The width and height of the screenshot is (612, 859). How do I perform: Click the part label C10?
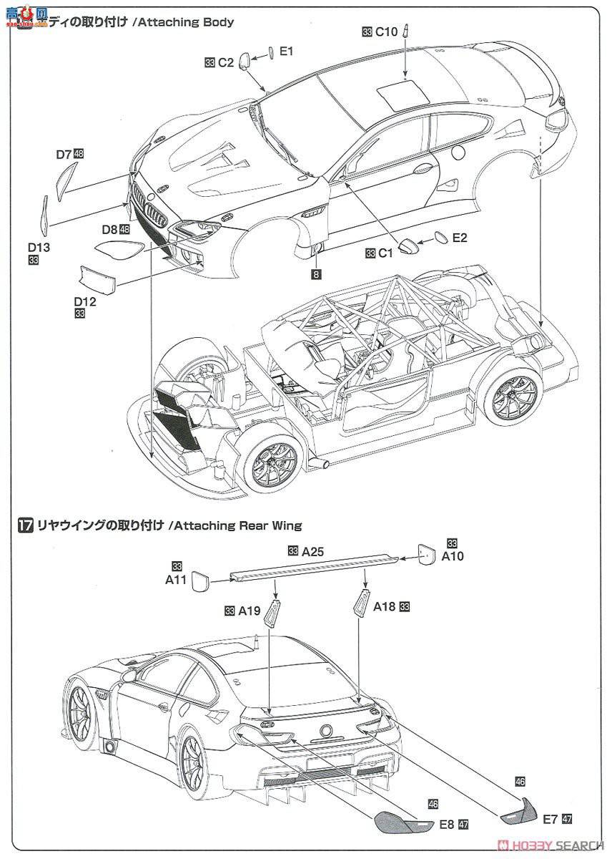tap(386, 32)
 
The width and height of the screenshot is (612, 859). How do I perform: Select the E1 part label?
tap(286, 51)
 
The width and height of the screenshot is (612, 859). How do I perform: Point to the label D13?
tap(39, 247)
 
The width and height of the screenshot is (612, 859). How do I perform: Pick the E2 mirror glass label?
tap(460, 238)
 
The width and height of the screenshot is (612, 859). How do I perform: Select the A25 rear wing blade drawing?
tap(314, 566)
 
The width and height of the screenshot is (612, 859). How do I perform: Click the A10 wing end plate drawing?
tap(427, 555)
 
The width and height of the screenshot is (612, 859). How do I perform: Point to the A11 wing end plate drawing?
tap(199, 578)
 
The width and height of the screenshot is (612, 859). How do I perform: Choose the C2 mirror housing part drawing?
tap(245, 61)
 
